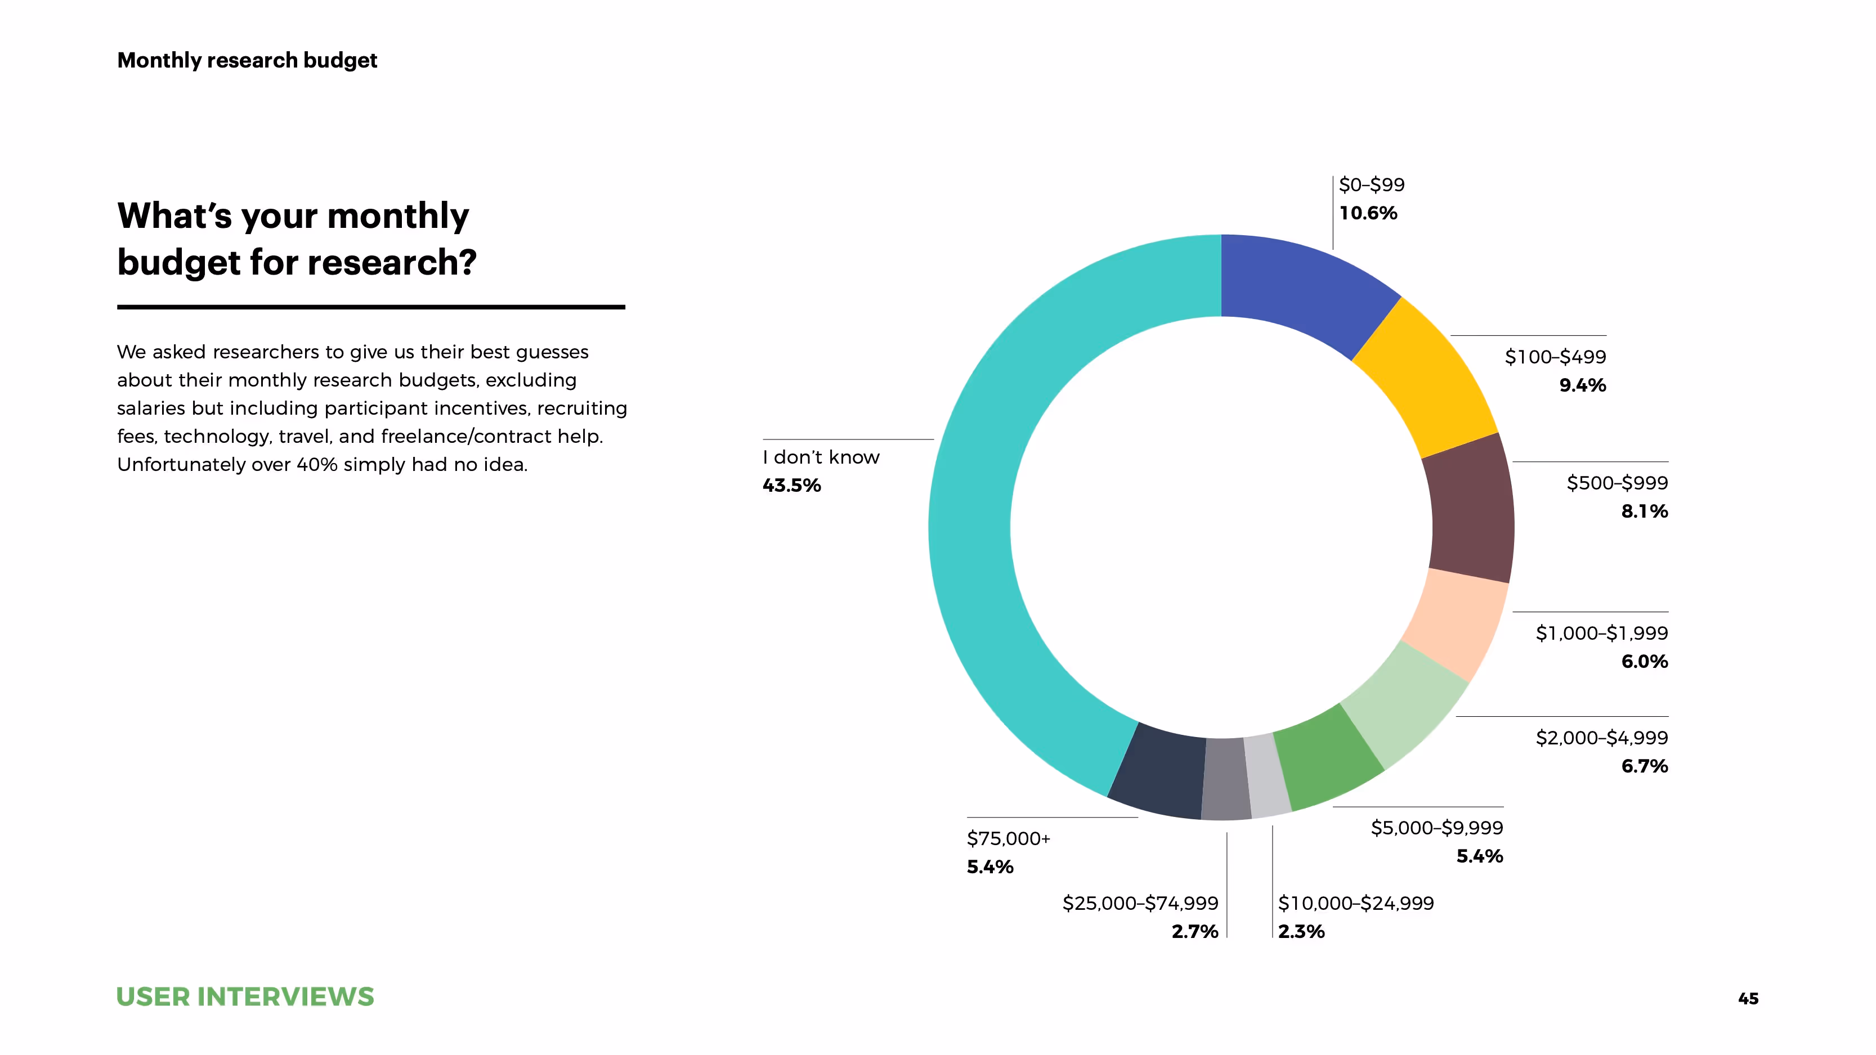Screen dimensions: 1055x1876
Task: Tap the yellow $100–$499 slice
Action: [x=1424, y=379]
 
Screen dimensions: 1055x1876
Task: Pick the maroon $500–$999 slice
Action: [x=1471, y=510]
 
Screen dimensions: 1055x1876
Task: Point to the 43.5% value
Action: [x=791, y=486]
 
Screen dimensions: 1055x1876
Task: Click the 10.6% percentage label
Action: [x=1368, y=213]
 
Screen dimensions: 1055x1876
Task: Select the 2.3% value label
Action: [x=1301, y=931]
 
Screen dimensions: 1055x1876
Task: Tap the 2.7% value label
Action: [x=1194, y=931]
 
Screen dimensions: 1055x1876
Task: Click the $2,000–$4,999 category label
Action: [x=1601, y=738]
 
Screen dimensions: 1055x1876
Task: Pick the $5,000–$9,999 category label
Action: [x=1436, y=828]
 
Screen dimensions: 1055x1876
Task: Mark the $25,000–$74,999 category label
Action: [x=1140, y=904]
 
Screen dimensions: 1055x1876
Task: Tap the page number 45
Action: [x=1748, y=999]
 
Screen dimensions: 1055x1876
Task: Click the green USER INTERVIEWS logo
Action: [x=245, y=996]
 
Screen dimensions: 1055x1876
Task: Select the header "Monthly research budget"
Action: [x=247, y=60]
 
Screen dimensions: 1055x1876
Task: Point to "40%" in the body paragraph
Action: [x=317, y=465]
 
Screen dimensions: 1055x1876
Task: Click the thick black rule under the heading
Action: [x=371, y=307]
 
